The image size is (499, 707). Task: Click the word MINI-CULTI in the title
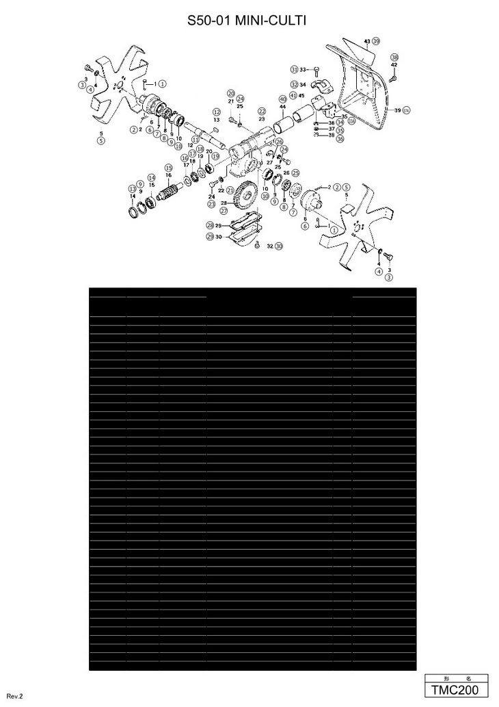pyautogui.click(x=269, y=22)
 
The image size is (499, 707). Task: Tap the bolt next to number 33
pyautogui.click(x=316, y=70)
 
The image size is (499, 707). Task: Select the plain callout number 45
pyautogui.click(x=301, y=95)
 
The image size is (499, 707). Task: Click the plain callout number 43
pyautogui.click(x=367, y=42)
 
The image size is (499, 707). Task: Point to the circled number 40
pyautogui.click(x=282, y=99)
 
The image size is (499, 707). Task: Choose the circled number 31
pyautogui.click(x=293, y=70)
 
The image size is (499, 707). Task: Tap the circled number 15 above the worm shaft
pyautogui.click(x=168, y=168)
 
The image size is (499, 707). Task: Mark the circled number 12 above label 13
pyautogui.click(x=216, y=112)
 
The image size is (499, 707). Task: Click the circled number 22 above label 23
pyautogui.click(x=261, y=111)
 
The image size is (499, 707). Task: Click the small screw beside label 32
pyautogui.click(x=256, y=245)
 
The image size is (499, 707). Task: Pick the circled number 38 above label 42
pyautogui.click(x=394, y=57)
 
